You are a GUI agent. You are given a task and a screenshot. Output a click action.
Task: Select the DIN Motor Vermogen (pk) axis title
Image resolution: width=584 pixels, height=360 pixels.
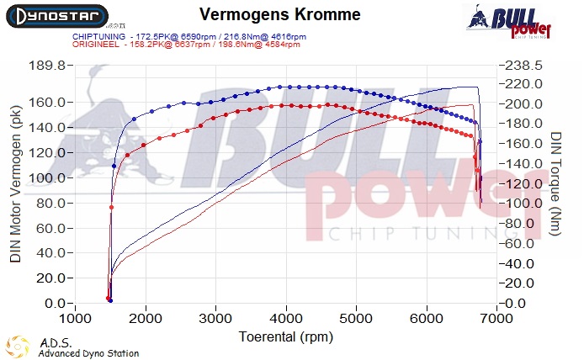15,184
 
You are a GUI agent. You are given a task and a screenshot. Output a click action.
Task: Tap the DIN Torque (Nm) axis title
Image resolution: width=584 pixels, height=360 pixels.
555,184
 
